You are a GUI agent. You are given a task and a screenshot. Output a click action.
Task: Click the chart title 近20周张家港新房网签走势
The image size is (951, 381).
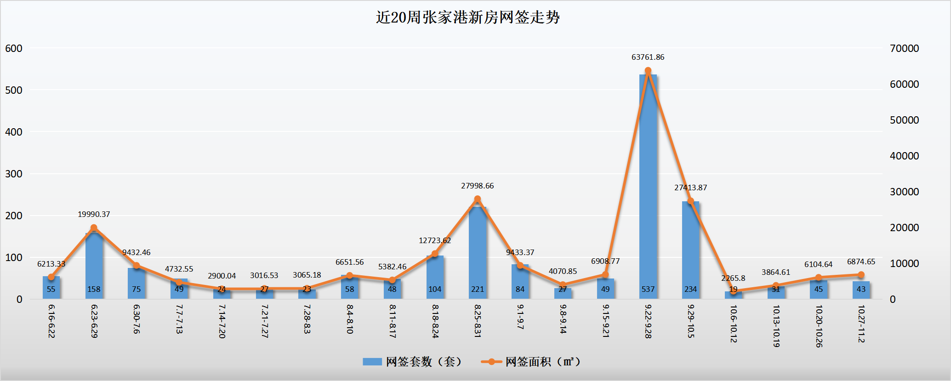point(467,17)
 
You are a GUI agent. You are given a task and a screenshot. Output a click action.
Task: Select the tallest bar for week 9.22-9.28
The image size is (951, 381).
point(648,184)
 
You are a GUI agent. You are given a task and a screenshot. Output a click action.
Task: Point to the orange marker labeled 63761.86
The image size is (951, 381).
point(648,71)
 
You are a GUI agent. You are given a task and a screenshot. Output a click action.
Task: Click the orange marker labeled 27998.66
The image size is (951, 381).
point(478,199)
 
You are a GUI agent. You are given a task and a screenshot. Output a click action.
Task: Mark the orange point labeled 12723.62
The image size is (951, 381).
point(435,254)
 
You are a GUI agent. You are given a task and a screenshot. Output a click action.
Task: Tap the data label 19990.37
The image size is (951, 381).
point(94,214)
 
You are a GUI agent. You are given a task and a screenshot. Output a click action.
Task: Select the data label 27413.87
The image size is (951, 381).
point(690,188)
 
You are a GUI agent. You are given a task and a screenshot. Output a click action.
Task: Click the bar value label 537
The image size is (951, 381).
point(648,289)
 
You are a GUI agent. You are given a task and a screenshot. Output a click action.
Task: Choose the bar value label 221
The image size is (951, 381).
point(478,289)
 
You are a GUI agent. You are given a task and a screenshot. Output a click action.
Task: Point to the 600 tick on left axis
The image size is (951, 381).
point(14,48)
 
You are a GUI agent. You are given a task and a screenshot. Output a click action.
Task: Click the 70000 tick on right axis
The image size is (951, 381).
point(904,48)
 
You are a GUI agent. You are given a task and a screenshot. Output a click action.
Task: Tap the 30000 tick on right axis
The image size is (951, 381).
point(904,192)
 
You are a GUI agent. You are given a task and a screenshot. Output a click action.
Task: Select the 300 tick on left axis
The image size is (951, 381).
point(14,174)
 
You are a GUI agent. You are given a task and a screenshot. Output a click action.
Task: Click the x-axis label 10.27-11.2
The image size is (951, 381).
point(861,324)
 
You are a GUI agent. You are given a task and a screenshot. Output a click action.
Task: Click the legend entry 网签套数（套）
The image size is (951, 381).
point(412,362)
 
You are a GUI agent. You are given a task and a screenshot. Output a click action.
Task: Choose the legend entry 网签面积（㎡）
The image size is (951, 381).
point(531,362)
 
